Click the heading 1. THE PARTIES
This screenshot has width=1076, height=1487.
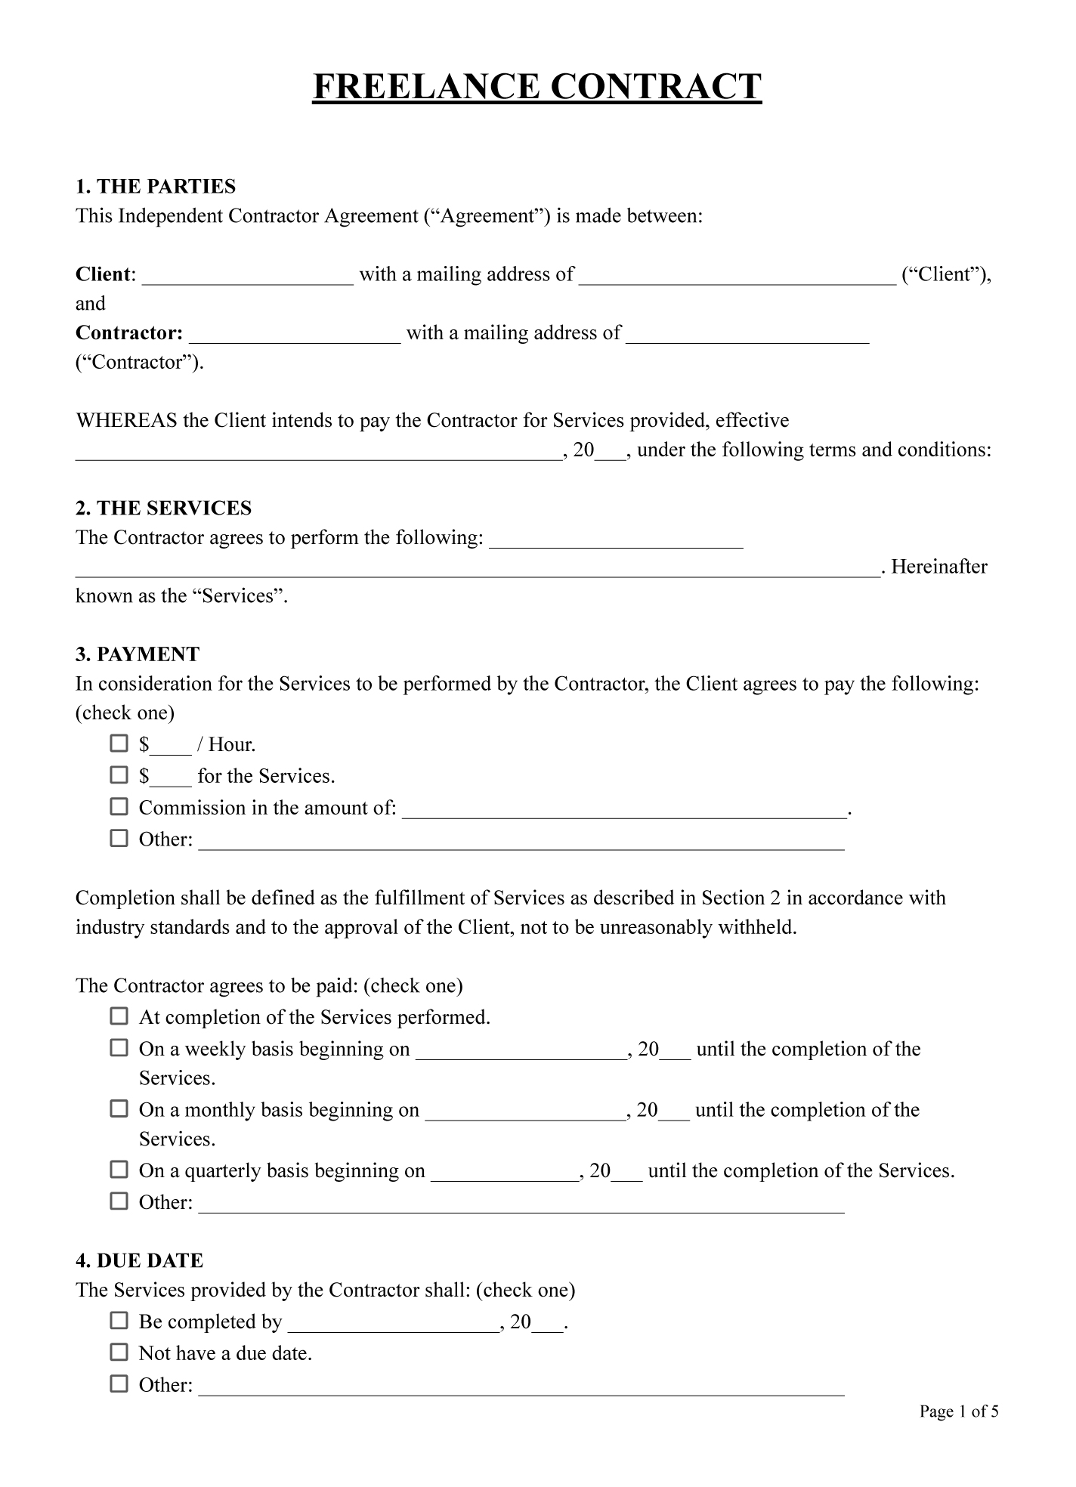156,187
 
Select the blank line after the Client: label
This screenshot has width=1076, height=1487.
248,277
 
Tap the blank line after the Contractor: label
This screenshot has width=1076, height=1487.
295,335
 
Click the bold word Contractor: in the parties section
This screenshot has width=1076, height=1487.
129,333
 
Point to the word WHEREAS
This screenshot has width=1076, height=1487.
126,421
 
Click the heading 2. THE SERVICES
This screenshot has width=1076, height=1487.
163,509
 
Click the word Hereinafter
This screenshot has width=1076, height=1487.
939,567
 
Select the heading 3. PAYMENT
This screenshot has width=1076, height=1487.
138,654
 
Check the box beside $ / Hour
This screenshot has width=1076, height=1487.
119,743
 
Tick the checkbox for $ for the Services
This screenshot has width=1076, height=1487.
119,775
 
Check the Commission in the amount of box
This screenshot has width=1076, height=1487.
119,807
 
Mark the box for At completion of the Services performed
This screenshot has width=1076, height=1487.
119,1016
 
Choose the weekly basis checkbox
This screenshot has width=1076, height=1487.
119,1048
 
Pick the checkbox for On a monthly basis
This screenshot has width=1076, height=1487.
119,1109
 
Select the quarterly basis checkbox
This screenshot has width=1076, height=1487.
119,1170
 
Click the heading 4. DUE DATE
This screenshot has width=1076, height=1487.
140,1261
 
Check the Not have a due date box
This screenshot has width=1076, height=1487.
119,1353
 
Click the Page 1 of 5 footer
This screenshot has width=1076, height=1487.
959,1411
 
